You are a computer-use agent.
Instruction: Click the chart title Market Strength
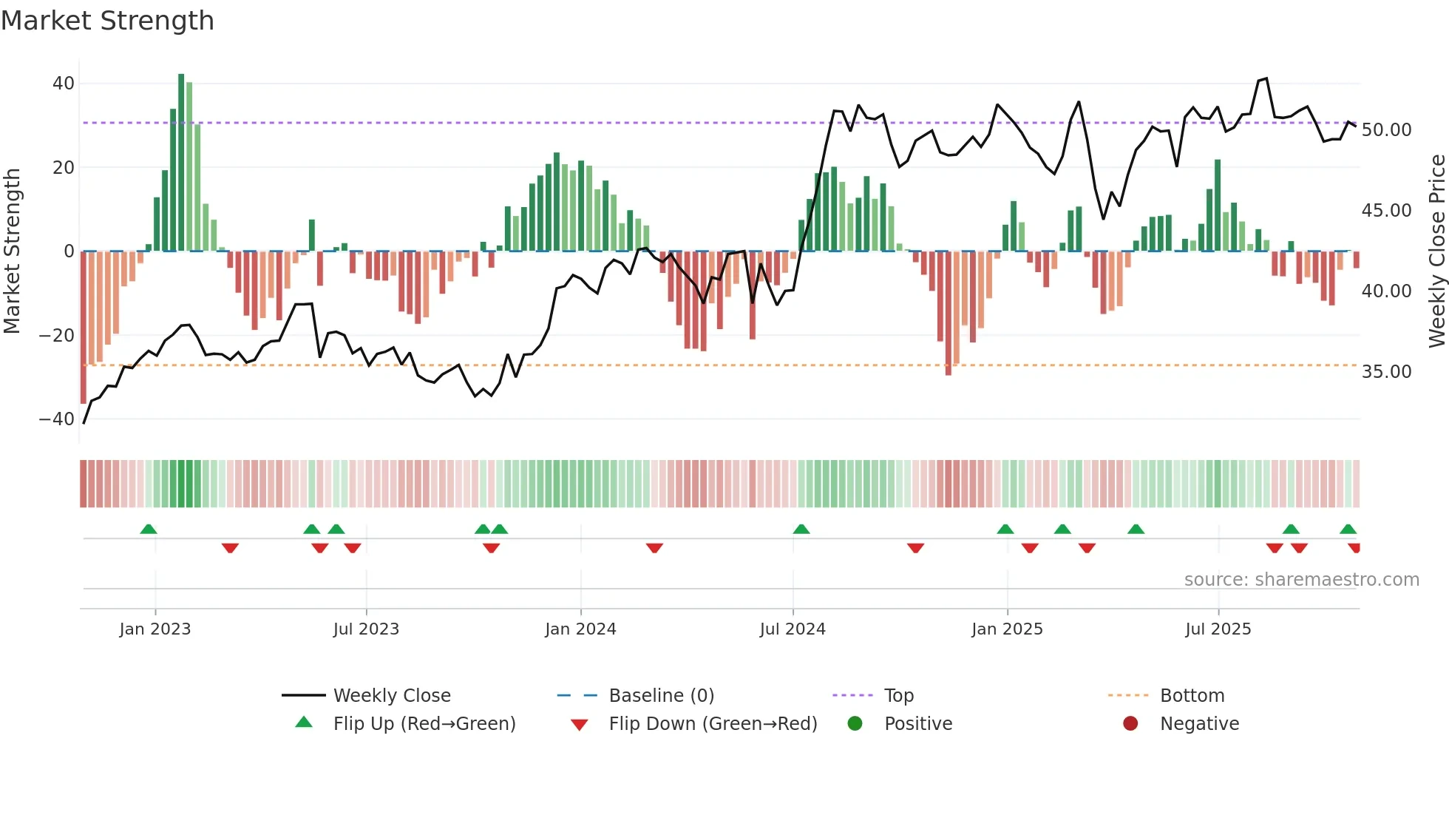(x=107, y=21)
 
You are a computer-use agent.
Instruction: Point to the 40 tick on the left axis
(x=64, y=84)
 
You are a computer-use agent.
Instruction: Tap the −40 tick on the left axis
(x=57, y=419)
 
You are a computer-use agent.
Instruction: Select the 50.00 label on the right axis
(x=1386, y=130)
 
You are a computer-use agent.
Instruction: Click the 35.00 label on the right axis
(x=1386, y=372)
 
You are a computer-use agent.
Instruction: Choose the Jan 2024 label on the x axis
(x=580, y=629)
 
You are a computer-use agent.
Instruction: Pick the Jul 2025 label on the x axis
(x=1218, y=629)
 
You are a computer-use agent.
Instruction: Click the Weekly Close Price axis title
(x=1436, y=251)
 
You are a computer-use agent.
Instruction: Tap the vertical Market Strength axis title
(x=13, y=251)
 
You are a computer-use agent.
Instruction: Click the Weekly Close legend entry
(x=391, y=696)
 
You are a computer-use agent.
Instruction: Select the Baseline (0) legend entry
(x=661, y=696)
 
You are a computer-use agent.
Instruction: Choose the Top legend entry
(x=898, y=696)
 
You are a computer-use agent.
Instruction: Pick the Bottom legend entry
(x=1192, y=696)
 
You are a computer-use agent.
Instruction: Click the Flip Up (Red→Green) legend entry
(x=424, y=724)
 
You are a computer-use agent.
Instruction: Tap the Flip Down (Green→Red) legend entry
(x=713, y=724)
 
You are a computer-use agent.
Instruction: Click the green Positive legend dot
(x=855, y=724)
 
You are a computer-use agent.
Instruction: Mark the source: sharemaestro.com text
(x=1301, y=580)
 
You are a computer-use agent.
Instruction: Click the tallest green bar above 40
(x=181, y=163)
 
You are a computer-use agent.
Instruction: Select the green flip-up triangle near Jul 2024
(x=801, y=529)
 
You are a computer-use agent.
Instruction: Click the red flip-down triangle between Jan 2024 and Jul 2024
(x=654, y=548)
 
